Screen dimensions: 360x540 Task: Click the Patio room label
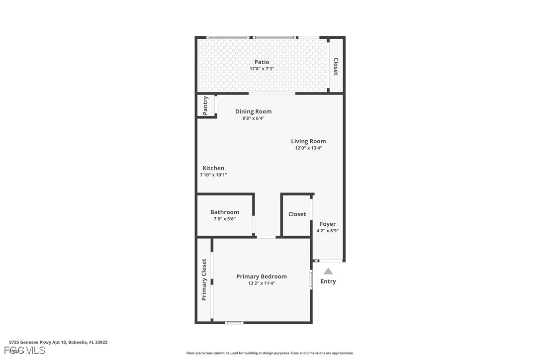[x=262, y=62]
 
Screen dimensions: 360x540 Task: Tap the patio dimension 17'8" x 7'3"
[x=262, y=69]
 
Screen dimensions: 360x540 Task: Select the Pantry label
[x=205, y=105]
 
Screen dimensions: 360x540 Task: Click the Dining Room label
[x=253, y=111]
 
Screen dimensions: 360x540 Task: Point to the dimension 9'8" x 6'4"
[x=253, y=118]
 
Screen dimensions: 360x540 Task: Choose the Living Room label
[x=308, y=141]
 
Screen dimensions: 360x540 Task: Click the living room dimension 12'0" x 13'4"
[x=308, y=148]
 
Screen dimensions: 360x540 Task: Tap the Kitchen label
[x=213, y=168]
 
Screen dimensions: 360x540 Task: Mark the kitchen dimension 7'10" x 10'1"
[x=213, y=175]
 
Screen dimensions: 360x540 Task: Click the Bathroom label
[x=224, y=212]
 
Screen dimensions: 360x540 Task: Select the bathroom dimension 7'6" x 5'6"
[x=224, y=219]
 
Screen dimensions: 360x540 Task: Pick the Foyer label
[x=327, y=224]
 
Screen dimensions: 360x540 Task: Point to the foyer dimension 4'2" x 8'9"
[x=327, y=231]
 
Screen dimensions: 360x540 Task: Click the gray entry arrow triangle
[x=328, y=271]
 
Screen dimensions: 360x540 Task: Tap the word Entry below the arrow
[x=328, y=281]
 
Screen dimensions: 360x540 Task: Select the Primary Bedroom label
[x=261, y=276]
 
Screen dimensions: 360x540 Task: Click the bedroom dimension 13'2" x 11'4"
[x=261, y=283]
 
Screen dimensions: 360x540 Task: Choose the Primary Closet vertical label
[x=204, y=279]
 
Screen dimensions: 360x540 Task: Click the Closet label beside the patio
[x=336, y=67]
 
